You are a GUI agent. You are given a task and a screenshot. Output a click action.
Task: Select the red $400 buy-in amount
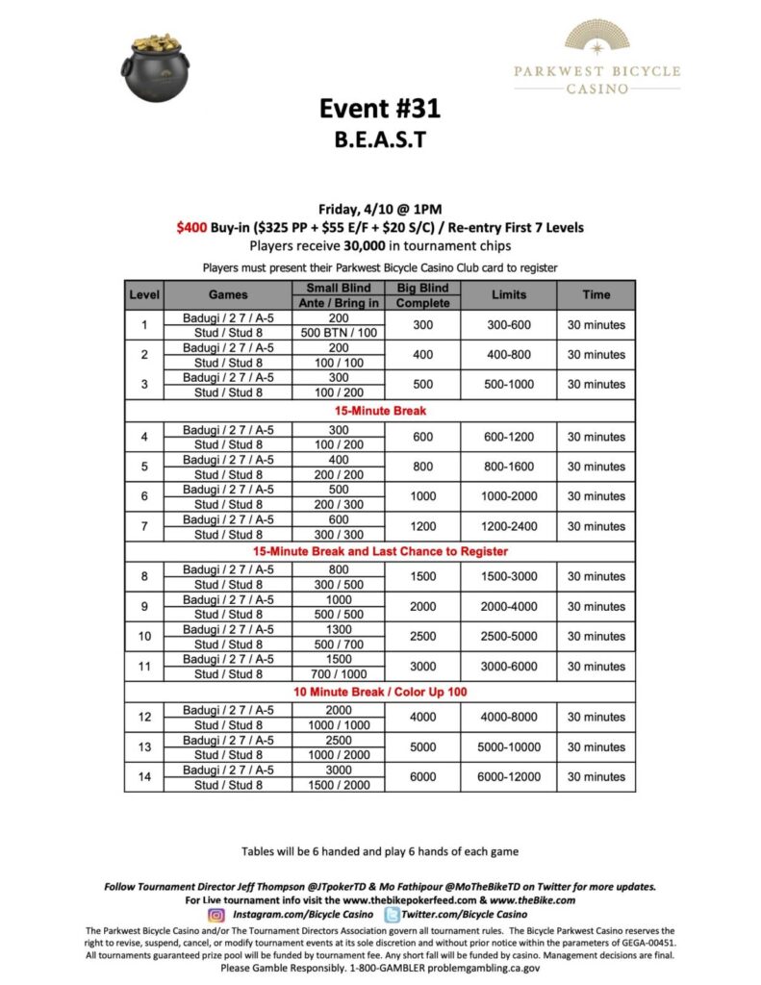click(x=190, y=226)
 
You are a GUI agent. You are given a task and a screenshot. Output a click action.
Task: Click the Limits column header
click(x=508, y=294)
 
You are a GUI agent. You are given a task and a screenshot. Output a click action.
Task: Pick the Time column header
click(x=596, y=294)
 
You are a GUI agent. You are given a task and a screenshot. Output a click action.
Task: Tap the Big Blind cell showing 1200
click(x=422, y=526)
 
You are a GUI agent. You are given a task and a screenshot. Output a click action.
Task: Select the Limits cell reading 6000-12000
click(x=508, y=776)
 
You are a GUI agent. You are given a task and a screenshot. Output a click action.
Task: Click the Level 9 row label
click(x=143, y=606)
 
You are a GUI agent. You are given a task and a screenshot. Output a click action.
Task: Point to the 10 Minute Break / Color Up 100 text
click(x=379, y=691)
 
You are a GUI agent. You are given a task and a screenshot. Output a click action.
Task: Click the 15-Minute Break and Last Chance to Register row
click(x=379, y=551)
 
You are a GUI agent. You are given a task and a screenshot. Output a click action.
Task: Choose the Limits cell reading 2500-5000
click(x=508, y=637)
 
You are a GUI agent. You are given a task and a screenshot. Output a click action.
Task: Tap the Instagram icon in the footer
click(x=216, y=915)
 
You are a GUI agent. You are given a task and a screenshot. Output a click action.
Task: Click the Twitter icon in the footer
click(x=393, y=915)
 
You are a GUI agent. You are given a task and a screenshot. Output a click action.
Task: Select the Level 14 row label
click(x=143, y=776)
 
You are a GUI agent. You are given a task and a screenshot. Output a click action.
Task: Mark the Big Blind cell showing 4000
click(x=422, y=717)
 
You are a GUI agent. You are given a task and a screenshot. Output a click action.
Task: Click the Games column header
click(x=227, y=294)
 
